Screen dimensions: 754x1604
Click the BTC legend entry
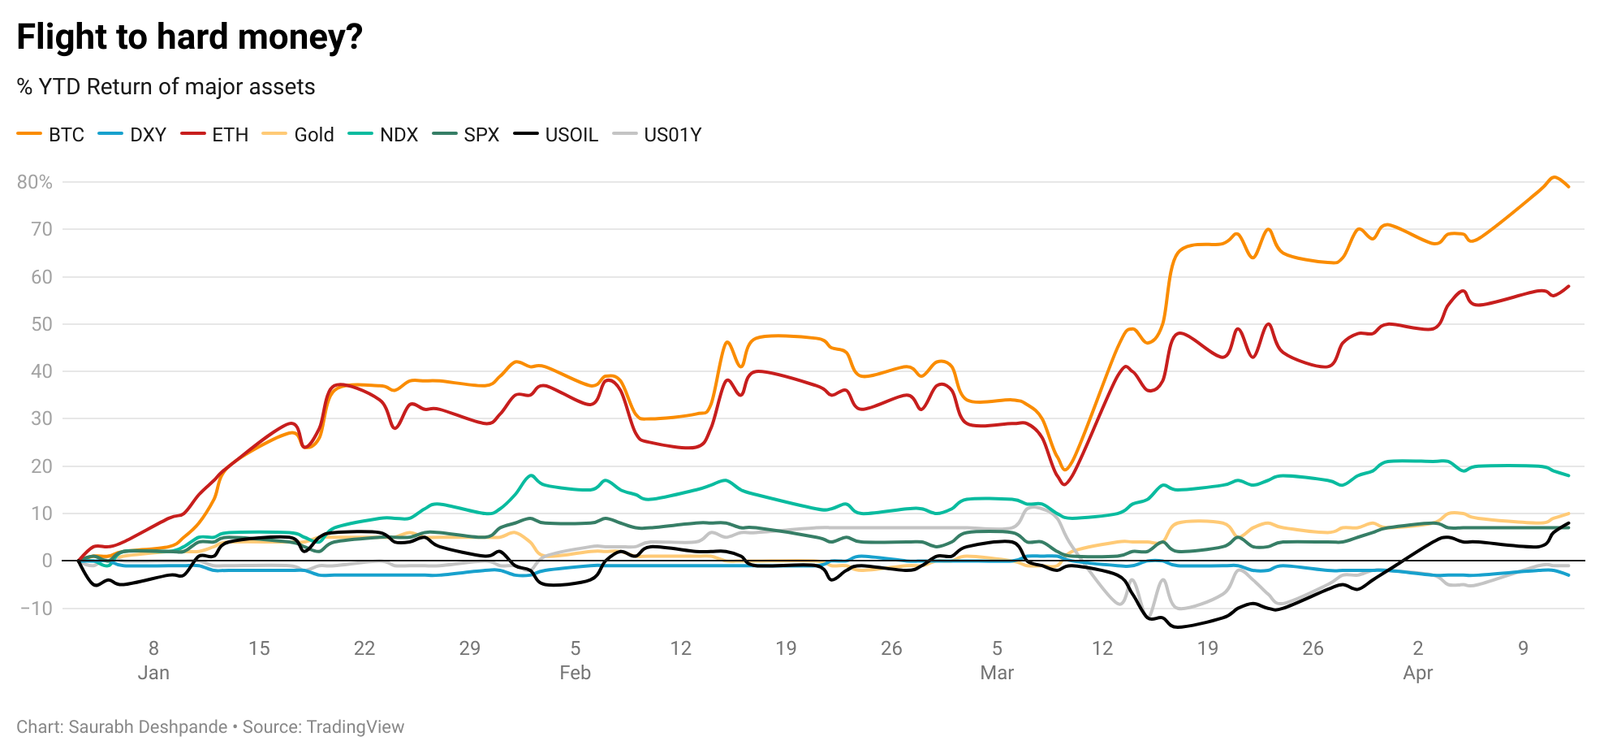[x=51, y=135]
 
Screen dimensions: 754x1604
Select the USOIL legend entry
[x=556, y=135]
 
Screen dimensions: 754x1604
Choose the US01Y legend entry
[x=658, y=135]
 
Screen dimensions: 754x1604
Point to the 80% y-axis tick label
[x=35, y=182]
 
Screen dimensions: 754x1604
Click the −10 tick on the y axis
[x=35, y=609]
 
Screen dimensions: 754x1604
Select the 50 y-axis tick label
[x=41, y=324]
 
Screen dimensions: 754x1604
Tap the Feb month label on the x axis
[x=575, y=673]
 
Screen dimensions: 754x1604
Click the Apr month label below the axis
[x=1417, y=673]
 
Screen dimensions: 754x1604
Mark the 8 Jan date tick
[x=153, y=648]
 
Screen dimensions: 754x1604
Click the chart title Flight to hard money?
[x=189, y=37]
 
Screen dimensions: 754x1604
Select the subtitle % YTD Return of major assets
[x=166, y=87]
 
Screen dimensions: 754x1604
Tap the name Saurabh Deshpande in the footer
[x=148, y=727]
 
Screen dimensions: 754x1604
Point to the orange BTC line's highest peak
[x=1553, y=177]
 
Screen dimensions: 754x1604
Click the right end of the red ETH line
[x=1568, y=286]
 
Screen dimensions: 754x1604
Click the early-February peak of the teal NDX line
[x=531, y=475]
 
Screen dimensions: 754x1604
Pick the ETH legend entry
[x=215, y=135]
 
